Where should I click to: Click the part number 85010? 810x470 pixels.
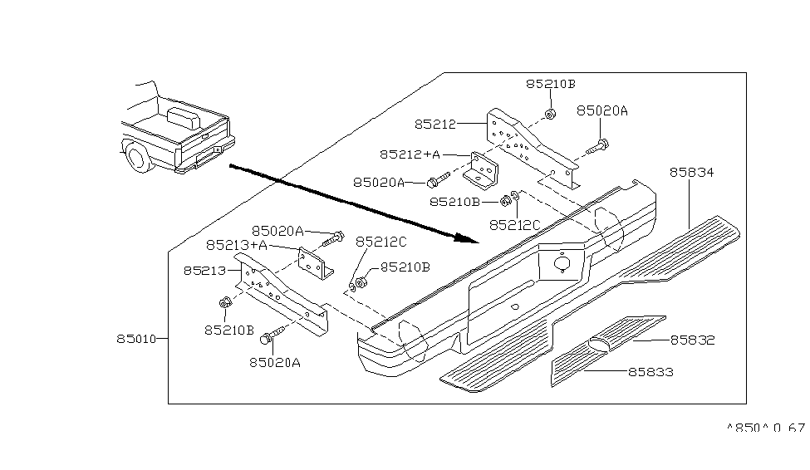pyautogui.click(x=137, y=339)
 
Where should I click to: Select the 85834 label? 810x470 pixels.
pyautogui.click(x=692, y=173)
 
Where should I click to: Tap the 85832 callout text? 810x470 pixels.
pyautogui.click(x=692, y=340)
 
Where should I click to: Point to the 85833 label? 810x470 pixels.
pyautogui.click(x=650, y=373)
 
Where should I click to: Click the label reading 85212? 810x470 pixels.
pyautogui.click(x=435, y=125)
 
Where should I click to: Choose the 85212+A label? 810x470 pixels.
pyautogui.click(x=410, y=154)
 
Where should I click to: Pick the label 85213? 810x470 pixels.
pyautogui.click(x=204, y=271)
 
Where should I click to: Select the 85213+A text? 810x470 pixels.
pyautogui.click(x=237, y=245)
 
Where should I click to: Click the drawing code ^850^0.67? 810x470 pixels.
pyautogui.click(x=765, y=428)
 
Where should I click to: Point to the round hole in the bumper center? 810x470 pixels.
pyautogui.click(x=562, y=264)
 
